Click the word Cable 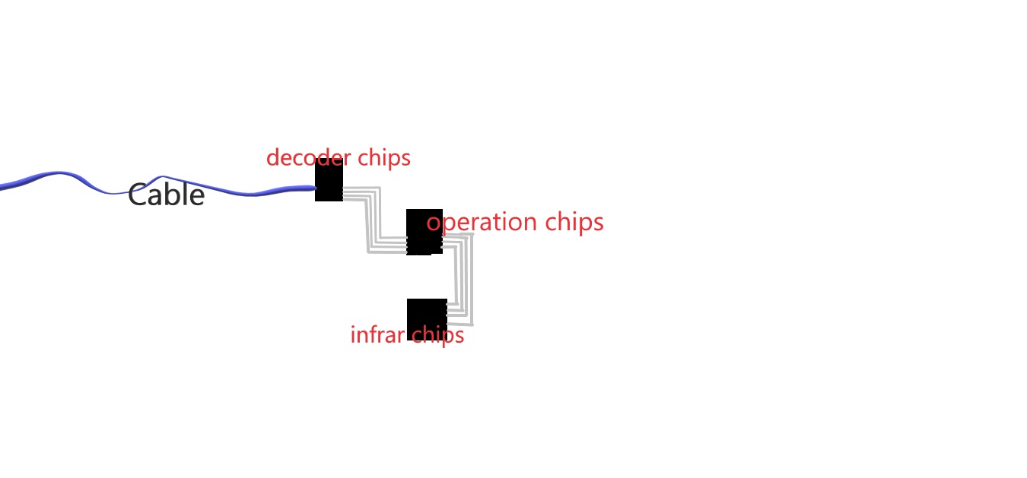pos(166,195)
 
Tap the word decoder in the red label pos(302,158)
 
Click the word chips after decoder pos(384,158)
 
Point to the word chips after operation pos(574,223)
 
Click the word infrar pos(375,335)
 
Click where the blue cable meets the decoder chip pos(315,188)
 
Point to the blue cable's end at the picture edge pos(2,185)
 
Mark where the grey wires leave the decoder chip pos(345,193)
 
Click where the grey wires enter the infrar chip pos(449,313)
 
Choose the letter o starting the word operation pos(433,223)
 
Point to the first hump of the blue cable pos(59,174)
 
